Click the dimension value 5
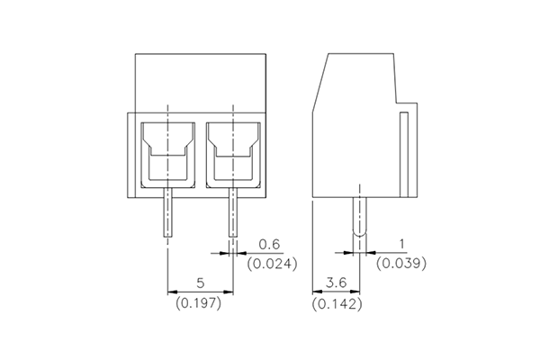click(201, 283)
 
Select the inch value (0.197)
click(200, 303)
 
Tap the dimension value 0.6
click(269, 245)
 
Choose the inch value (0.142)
click(337, 304)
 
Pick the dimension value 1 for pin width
click(400, 245)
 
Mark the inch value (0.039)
click(400, 264)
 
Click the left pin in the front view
click(168, 211)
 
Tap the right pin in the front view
click(233, 211)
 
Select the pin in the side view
click(360, 216)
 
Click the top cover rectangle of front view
click(201, 82)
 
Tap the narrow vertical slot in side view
click(404, 153)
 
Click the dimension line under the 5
click(201, 292)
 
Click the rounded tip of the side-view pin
click(360, 236)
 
